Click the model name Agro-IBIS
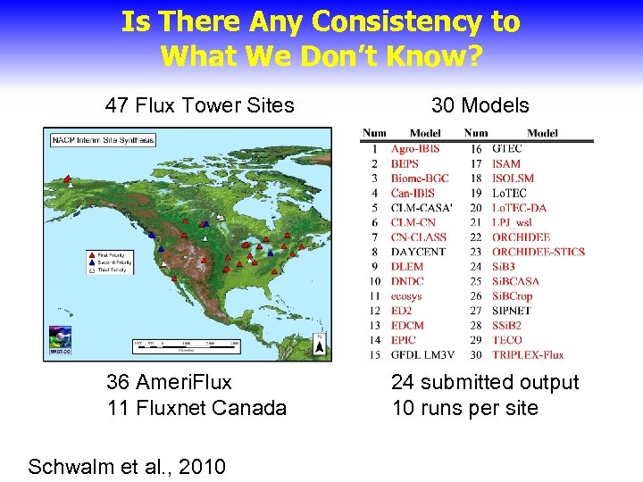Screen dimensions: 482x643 (415, 149)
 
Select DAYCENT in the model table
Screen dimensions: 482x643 (417, 252)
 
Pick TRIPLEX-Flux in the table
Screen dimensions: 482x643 (528, 354)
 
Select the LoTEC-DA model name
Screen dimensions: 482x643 (520, 208)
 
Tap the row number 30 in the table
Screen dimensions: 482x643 (476, 354)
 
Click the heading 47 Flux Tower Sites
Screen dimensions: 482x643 (199, 105)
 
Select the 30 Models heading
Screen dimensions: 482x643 (480, 105)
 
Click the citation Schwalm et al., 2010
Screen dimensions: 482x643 (127, 466)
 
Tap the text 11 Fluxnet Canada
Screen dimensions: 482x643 (196, 408)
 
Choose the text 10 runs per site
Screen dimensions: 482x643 (465, 408)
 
